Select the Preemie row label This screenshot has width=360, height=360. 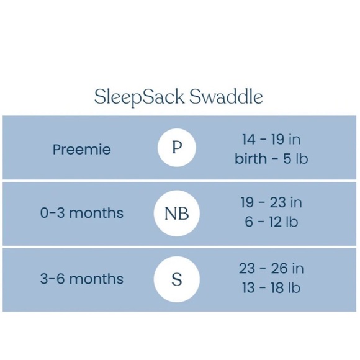coord(82,150)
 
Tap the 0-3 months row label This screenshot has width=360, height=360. coord(82,213)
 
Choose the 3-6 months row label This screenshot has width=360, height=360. coord(82,279)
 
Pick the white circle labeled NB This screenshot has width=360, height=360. coord(177,214)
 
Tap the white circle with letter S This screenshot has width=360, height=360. coord(177,279)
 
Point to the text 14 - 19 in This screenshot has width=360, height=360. coord(271,139)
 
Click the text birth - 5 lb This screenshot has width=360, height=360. coord(271,159)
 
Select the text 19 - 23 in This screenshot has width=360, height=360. coord(271,202)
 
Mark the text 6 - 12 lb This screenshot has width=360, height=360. coord(271,222)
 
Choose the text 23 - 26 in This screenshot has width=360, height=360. coord(271,268)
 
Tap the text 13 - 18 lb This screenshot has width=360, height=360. coord(271,288)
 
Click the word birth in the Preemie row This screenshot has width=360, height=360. coord(251,159)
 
